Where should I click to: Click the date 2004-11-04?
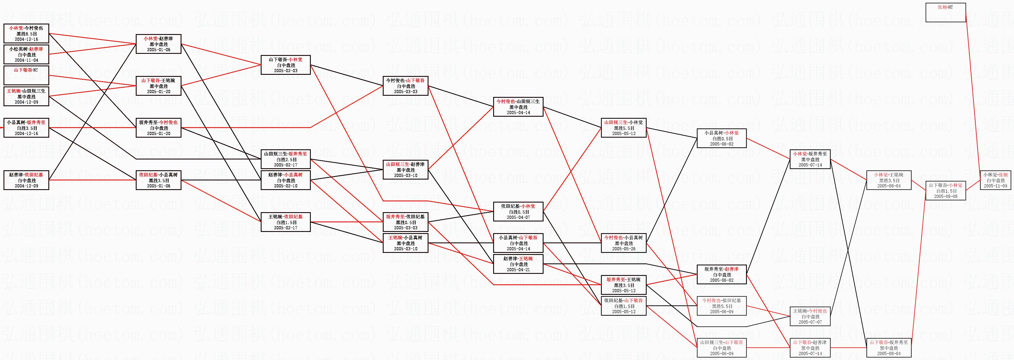click(x=27, y=60)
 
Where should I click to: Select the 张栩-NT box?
click(x=945, y=13)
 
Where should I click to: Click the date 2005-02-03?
click(x=286, y=71)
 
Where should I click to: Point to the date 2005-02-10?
click(x=286, y=186)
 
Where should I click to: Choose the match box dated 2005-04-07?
click(x=518, y=212)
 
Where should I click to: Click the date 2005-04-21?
click(x=518, y=270)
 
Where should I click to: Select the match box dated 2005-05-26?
click(x=623, y=243)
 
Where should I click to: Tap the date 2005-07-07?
click(x=810, y=322)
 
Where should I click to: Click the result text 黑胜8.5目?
click(x=27, y=34)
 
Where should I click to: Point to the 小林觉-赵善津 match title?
click(x=158, y=38)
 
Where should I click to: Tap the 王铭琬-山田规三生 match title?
click(x=27, y=91)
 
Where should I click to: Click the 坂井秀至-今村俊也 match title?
click(x=158, y=122)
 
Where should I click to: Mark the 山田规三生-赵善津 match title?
click(x=405, y=164)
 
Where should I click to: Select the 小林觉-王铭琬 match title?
click(x=889, y=175)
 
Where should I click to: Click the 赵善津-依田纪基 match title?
click(x=27, y=175)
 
